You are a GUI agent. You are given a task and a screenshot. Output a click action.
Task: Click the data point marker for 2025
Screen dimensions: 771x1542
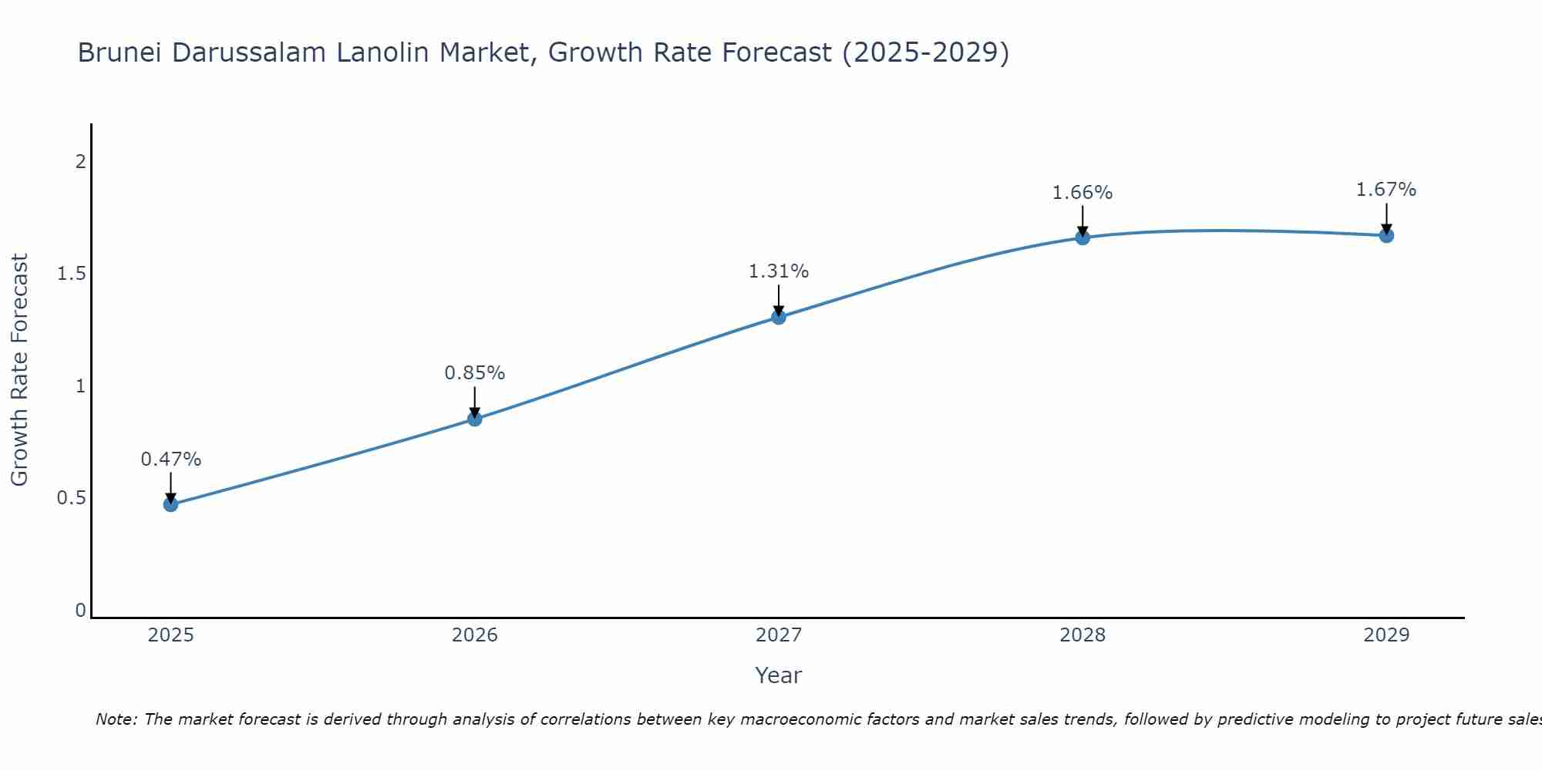(x=170, y=504)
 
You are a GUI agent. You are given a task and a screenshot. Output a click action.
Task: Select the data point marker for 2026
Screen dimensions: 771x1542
(x=475, y=419)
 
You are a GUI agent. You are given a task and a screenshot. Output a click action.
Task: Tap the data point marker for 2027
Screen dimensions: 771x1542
(x=779, y=317)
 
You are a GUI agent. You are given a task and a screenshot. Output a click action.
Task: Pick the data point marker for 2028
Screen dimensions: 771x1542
(x=1082, y=237)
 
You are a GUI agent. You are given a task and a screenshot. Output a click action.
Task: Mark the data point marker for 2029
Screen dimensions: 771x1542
(x=1386, y=235)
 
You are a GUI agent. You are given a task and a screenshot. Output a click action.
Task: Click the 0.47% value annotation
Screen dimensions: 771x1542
(x=170, y=460)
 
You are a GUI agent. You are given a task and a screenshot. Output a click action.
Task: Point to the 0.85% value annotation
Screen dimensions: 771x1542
(x=475, y=373)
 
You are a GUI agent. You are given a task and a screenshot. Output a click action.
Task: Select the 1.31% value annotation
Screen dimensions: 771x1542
(x=779, y=271)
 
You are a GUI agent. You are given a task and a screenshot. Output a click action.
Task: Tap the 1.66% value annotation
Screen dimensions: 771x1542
(x=1082, y=193)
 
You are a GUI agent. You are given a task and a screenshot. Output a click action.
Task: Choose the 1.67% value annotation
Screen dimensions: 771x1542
(x=1386, y=190)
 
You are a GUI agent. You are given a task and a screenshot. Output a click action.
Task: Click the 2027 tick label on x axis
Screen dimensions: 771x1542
(x=779, y=635)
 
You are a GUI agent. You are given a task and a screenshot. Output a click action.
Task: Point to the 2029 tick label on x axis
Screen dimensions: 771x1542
(x=1386, y=635)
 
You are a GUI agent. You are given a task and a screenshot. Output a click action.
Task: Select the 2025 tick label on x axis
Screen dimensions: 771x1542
(x=170, y=635)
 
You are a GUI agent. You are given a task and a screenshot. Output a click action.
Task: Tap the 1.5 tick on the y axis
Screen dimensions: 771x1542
(x=71, y=274)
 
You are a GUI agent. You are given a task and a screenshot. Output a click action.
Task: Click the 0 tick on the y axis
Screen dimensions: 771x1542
(x=80, y=611)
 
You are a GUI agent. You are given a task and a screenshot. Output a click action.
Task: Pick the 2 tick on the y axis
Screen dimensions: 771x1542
(x=80, y=162)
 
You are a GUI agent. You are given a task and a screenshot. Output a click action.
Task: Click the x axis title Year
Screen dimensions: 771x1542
(x=779, y=675)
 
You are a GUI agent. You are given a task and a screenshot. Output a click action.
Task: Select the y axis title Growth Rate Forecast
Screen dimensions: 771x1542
(x=20, y=370)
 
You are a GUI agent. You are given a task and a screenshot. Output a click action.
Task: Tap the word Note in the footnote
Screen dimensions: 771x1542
(x=116, y=719)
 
